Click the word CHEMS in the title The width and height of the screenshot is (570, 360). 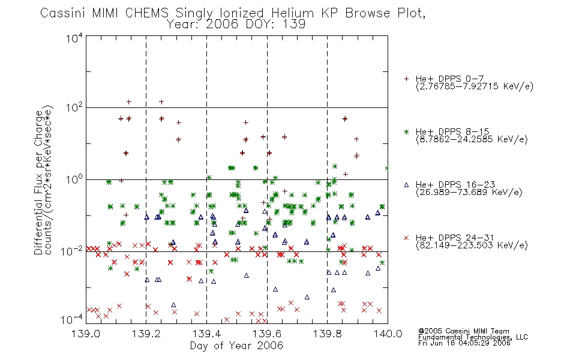147,13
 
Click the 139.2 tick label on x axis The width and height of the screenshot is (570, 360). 146,334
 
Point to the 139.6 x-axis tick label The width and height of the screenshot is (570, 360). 267,334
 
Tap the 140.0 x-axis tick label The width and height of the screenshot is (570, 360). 388,334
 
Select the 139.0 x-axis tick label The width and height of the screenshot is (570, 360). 86,334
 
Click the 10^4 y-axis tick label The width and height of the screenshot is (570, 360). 74,38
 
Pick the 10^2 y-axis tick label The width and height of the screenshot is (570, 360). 74,108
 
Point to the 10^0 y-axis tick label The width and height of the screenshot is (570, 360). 74,179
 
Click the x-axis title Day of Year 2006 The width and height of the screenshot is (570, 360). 236,346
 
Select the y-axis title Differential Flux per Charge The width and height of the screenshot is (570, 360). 38,182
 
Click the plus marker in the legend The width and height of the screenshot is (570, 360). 406,79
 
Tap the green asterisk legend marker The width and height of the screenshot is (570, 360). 406,131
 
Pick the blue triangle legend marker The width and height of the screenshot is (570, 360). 406,185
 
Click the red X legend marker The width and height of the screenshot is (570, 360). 406,238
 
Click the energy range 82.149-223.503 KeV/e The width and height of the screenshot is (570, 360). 472,245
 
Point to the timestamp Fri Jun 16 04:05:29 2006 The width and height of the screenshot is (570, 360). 464,343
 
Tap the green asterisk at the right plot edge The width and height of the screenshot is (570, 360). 387,169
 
